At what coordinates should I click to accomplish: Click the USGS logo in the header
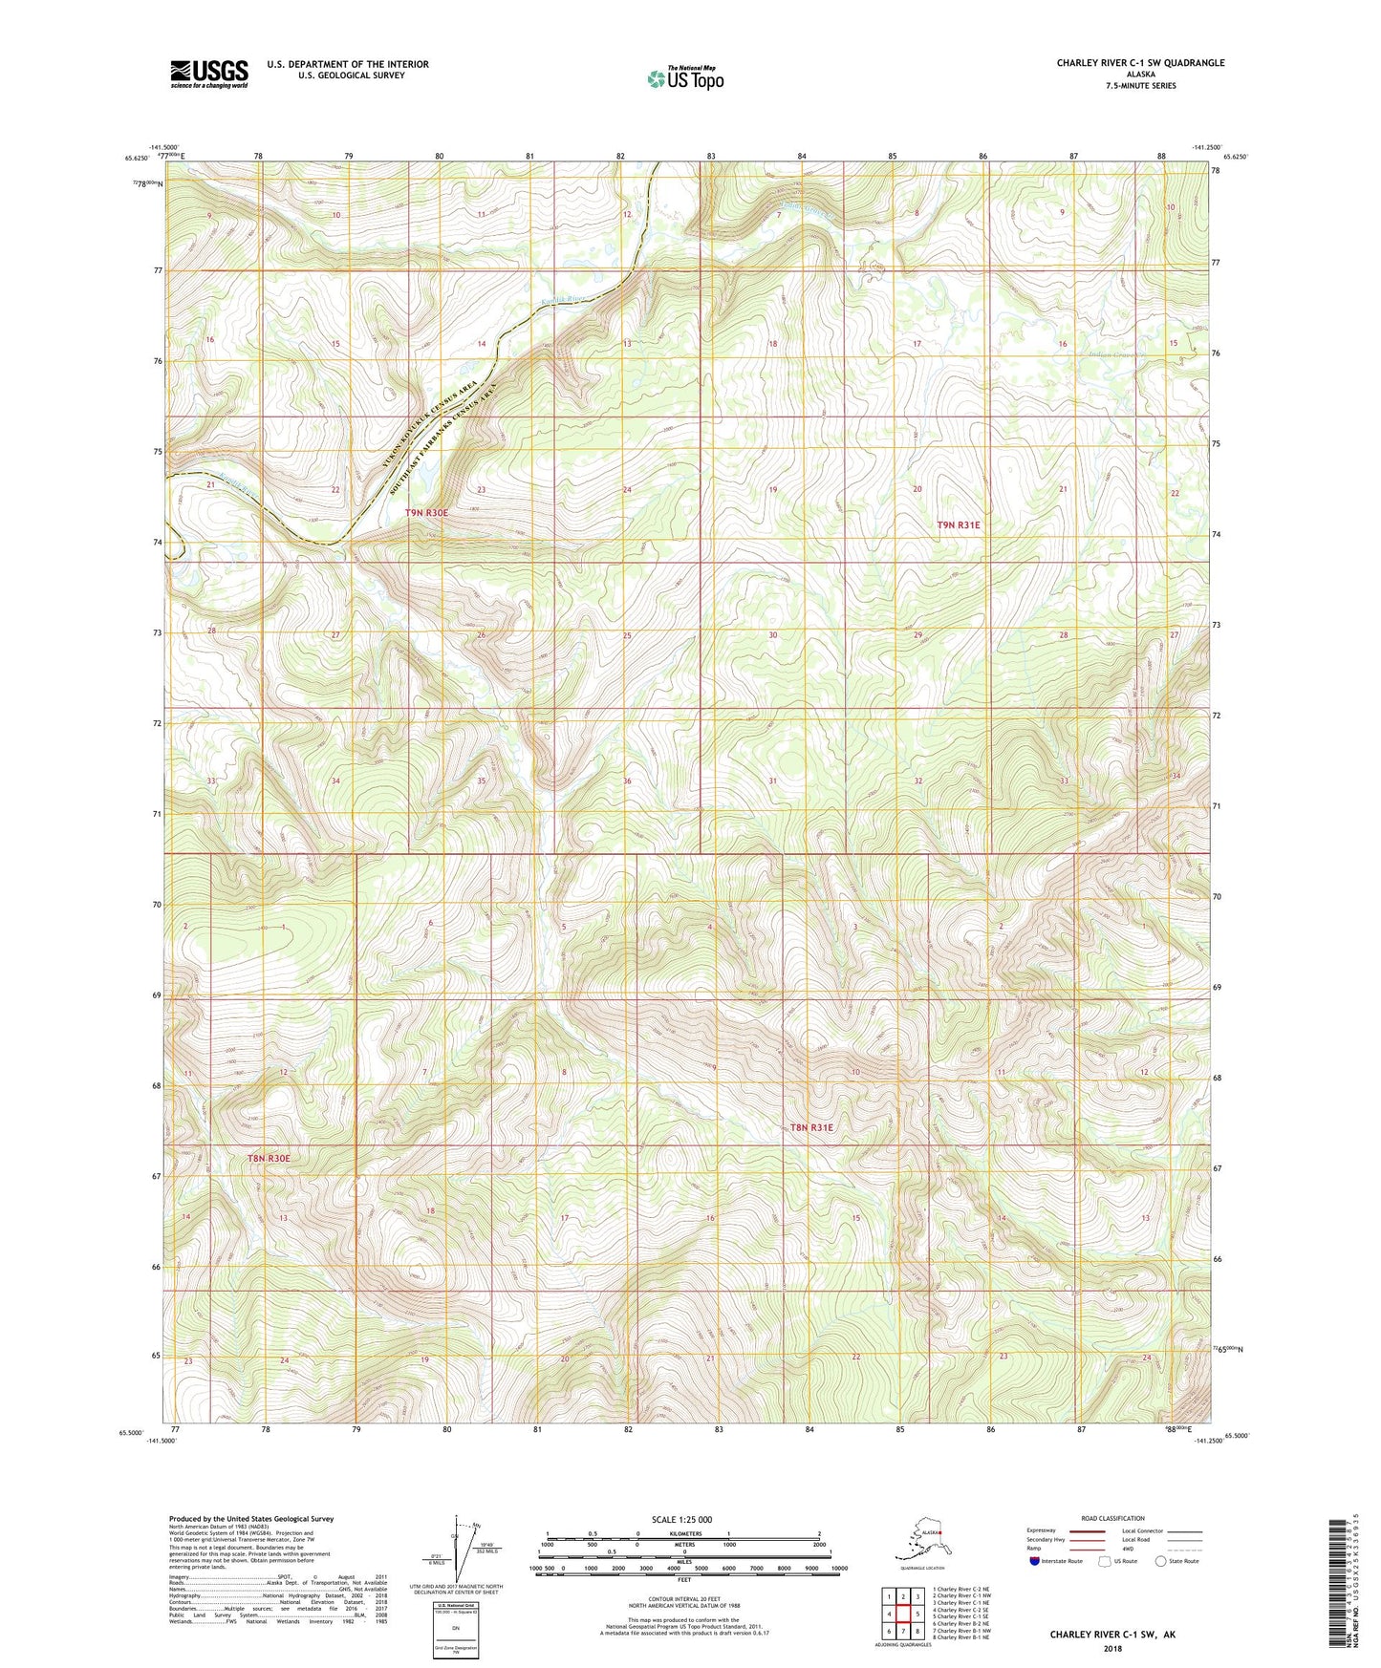[208, 74]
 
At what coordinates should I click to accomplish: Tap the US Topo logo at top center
[684, 78]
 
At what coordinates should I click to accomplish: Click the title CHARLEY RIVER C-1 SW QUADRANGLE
[1139, 63]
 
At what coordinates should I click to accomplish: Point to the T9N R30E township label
[426, 513]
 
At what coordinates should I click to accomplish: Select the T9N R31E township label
[958, 525]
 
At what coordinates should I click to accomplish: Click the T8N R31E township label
[811, 1127]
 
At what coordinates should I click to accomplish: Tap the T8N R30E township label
[268, 1158]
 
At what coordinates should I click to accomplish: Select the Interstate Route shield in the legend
[1034, 1561]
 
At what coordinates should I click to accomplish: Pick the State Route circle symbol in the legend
[1161, 1561]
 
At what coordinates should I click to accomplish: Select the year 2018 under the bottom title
[1112, 1648]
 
